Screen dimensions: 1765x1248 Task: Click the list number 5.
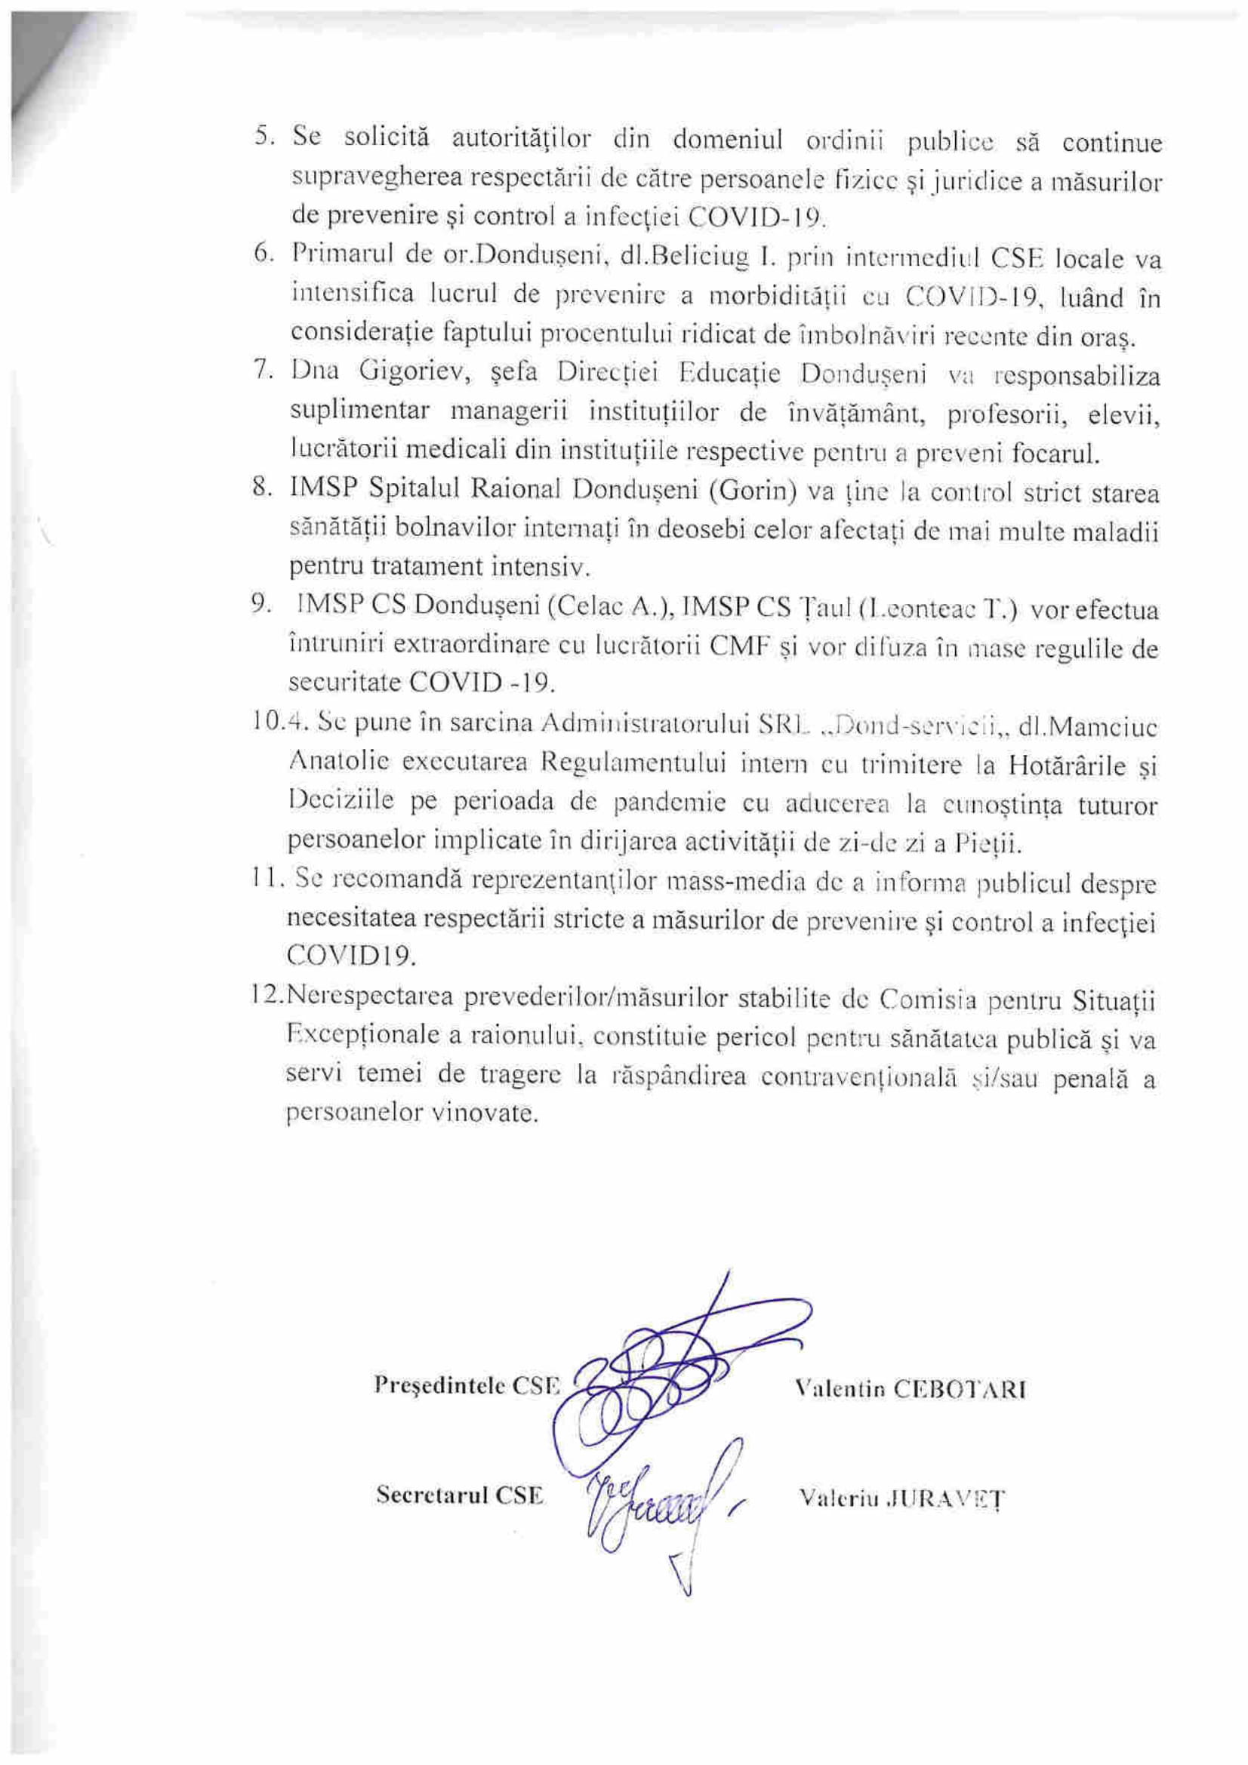tap(264, 138)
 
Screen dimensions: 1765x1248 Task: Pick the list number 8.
tap(261, 489)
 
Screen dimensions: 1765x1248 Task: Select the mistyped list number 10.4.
tap(267, 725)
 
